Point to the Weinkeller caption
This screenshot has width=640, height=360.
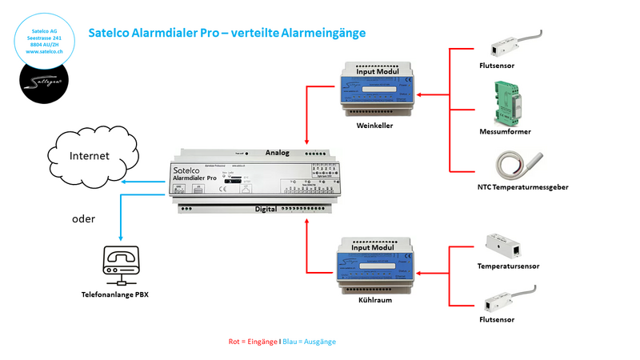pyautogui.click(x=375, y=126)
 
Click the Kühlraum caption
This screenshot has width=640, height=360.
pyautogui.click(x=375, y=304)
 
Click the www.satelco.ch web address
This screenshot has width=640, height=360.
pyautogui.click(x=45, y=51)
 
